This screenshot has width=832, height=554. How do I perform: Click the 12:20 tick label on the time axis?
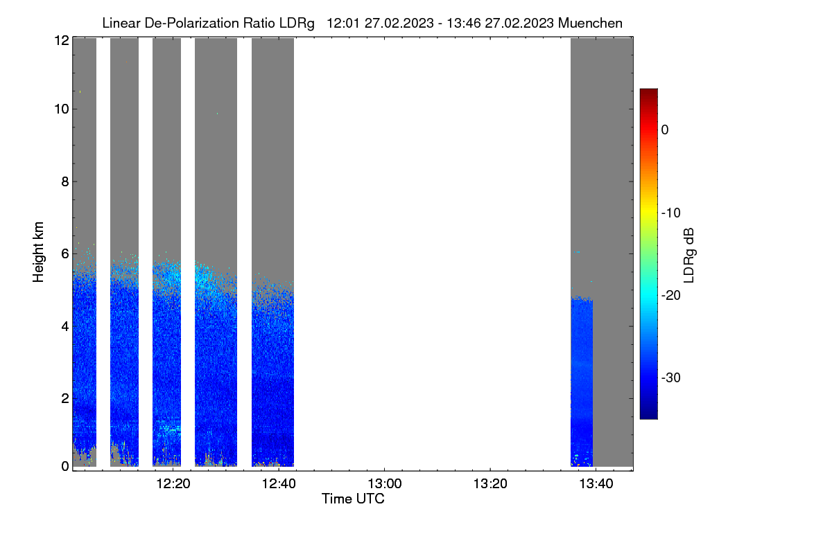pyautogui.click(x=173, y=484)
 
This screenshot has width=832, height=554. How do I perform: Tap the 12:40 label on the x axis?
pyautogui.click(x=279, y=484)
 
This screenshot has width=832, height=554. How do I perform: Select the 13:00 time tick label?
pyautogui.click(x=384, y=484)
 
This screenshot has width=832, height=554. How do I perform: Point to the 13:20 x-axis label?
pyautogui.click(x=490, y=484)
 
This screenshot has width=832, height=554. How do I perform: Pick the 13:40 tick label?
pyautogui.click(x=596, y=484)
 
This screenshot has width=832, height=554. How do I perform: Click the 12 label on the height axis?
pyautogui.click(x=62, y=40)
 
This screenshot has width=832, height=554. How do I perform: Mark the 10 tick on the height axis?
pyautogui.click(x=62, y=109)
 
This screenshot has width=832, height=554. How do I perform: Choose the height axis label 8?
pyautogui.click(x=65, y=181)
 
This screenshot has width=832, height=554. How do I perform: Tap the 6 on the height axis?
pyautogui.click(x=65, y=254)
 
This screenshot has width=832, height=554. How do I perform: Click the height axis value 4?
pyautogui.click(x=65, y=327)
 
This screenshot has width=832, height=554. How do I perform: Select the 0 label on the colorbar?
pyautogui.click(x=665, y=130)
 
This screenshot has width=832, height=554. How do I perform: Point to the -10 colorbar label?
pyautogui.click(x=671, y=213)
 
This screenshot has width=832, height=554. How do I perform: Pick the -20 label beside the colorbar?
pyautogui.click(x=671, y=296)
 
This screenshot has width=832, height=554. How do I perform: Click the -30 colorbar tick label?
pyautogui.click(x=671, y=377)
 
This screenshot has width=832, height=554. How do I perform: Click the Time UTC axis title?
pyautogui.click(x=353, y=499)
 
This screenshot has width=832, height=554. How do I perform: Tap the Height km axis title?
pyautogui.click(x=38, y=252)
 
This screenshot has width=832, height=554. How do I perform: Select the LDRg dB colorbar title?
pyautogui.click(x=688, y=256)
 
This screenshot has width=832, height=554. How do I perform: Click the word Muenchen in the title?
pyautogui.click(x=590, y=23)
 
